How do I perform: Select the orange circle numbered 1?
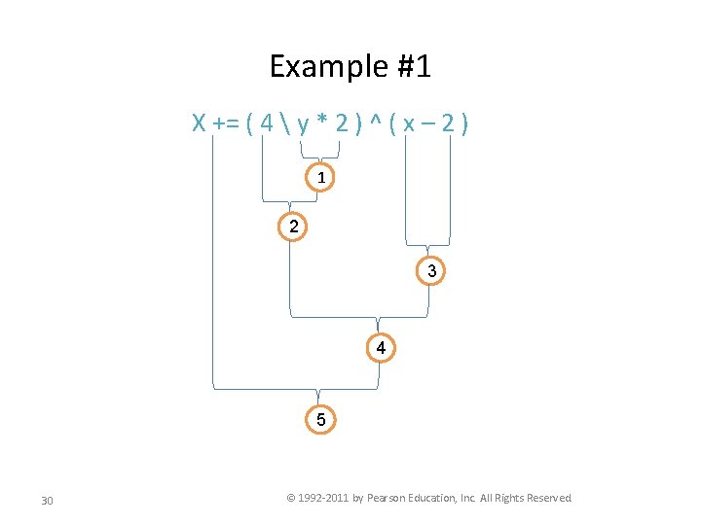pyautogui.click(x=320, y=178)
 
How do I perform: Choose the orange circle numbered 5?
pyautogui.click(x=320, y=420)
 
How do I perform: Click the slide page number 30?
pyautogui.click(x=47, y=501)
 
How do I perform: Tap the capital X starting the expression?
pyautogui.click(x=198, y=123)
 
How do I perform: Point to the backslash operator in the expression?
pyautogui.click(x=282, y=123)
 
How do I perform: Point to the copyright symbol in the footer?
pyautogui.click(x=290, y=498)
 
